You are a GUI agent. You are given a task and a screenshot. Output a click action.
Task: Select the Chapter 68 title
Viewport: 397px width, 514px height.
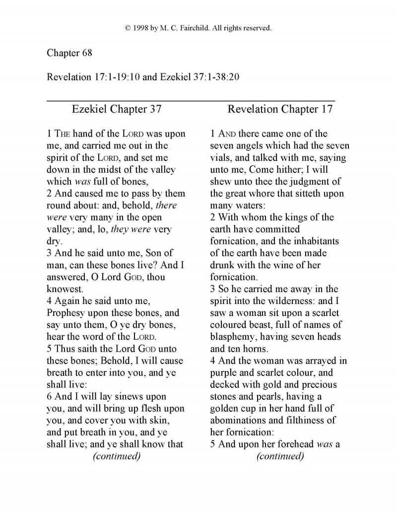tap(69, 53)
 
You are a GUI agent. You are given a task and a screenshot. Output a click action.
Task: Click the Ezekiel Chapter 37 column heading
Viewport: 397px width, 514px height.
tap(117, 109)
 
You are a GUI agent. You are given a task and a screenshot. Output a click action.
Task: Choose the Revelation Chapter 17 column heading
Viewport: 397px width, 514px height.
tap(280, 109)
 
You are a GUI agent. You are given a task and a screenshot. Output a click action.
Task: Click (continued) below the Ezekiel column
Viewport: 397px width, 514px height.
tap(116, 456)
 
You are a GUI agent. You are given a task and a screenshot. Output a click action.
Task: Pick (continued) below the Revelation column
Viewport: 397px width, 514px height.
tap(280, 456)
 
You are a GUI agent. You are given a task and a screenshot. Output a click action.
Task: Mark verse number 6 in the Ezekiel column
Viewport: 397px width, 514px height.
tap(50, 396)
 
